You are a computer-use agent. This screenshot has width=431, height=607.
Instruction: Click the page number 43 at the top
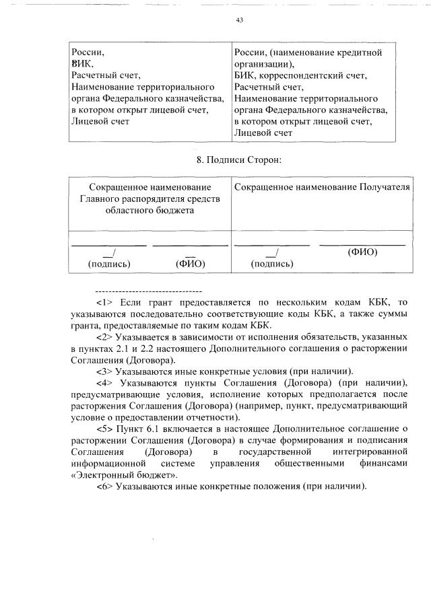point(239,20)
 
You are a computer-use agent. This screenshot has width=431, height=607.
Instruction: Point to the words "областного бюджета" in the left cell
point(145,209)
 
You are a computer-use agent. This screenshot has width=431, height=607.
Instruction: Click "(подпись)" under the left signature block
point(109,264)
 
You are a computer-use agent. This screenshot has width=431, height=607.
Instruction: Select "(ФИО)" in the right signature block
point(362,252)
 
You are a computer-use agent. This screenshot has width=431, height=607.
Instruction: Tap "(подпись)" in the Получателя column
point(271,264)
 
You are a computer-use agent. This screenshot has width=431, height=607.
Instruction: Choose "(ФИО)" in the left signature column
point(189,264)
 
